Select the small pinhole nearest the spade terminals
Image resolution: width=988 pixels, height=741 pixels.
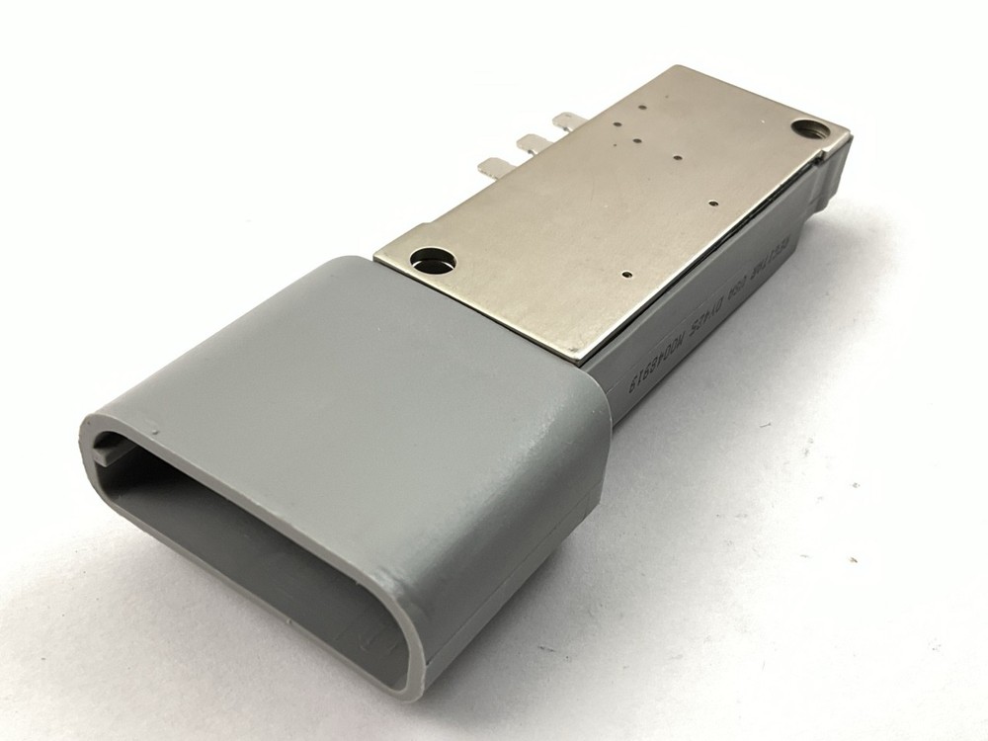pyautogui.click(x=617, y=125)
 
